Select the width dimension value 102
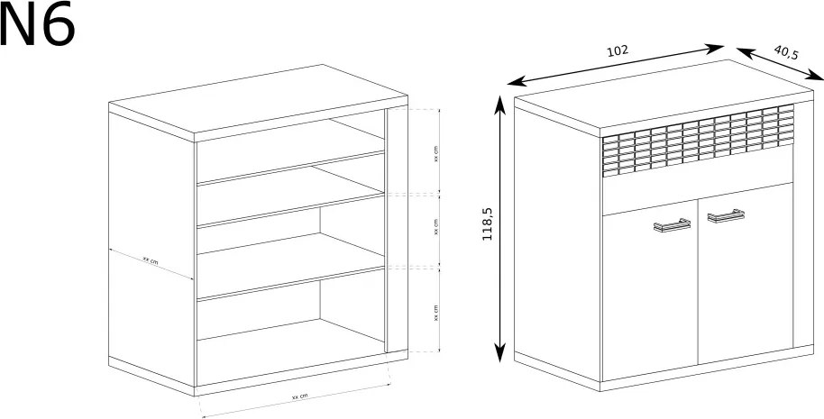pos(618,50)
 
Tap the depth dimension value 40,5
pos(785,52)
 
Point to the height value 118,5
pos(487,223)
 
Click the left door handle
pos(673,224)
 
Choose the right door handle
pos(726,215)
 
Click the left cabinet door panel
pos(649,290)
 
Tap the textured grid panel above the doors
pos(698,140)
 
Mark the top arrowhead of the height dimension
pos(499,105)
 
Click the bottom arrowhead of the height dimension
pos(499,352)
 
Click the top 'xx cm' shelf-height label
pos(436,153)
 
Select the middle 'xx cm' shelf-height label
pos(436,226)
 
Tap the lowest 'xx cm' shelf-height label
pos(436,313)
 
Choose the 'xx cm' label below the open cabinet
pos(299,396)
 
